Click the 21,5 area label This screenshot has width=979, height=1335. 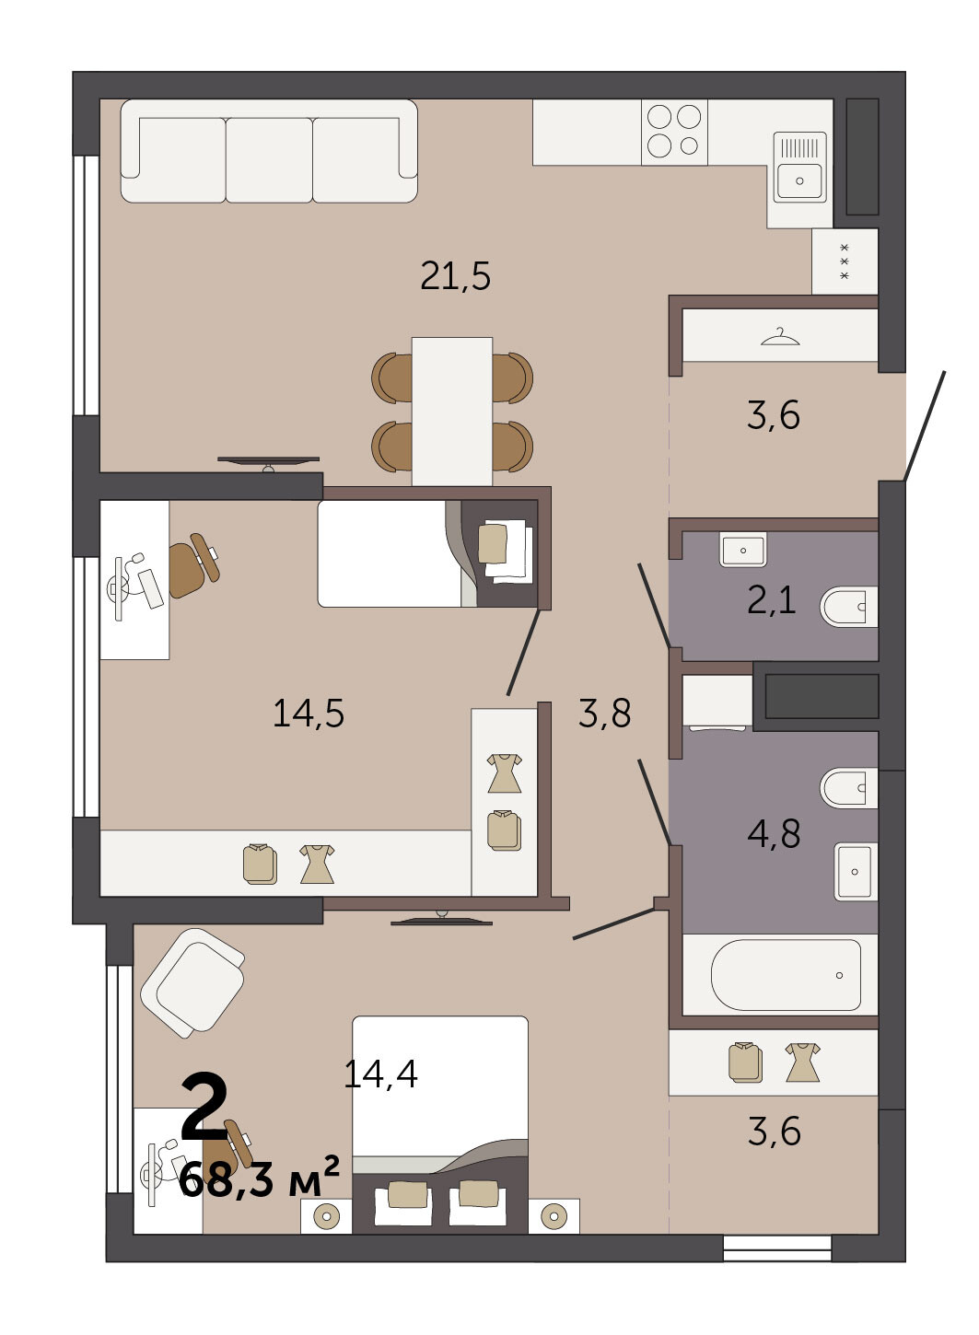pyautogui.click(x=455, y=276)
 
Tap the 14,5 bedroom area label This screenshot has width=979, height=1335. pyautogui.click(x=309, y=713)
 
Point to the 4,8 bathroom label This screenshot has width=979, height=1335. pyautogui.click(x=774, y=833)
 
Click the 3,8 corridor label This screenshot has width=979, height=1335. pyautogui.click(x=604, y=713)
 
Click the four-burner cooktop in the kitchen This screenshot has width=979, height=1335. pyautogui.click(x=674, y=132)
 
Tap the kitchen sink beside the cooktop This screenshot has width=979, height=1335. pyautogui.click(x=799, y=168)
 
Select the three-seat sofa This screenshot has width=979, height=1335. pyautogui.click(x=269, y=151)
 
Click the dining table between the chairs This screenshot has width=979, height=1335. pyautogui.click(x=452, y=411)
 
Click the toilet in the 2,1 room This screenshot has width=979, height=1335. pyautogui.click(x=848, y=607)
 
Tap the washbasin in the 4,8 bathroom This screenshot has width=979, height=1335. pyautogui.click(x=856, y=872)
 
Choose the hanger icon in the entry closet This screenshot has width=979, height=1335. pyautogui.click(x=780, y=337)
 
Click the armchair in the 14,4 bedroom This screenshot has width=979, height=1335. pyautogui.click(x=192, y=983)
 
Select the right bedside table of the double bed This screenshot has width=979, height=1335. pyautogui.click(x=554, y=1216)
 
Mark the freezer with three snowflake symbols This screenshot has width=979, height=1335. pyautogui.click(x=845, y=261)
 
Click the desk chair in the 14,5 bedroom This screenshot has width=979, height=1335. pyautogui.click(x=193, y=565)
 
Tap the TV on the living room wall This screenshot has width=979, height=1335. pyautogui.click(x=268, y=463)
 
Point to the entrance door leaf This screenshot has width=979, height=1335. pyautogui.click(x=924, y=425)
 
